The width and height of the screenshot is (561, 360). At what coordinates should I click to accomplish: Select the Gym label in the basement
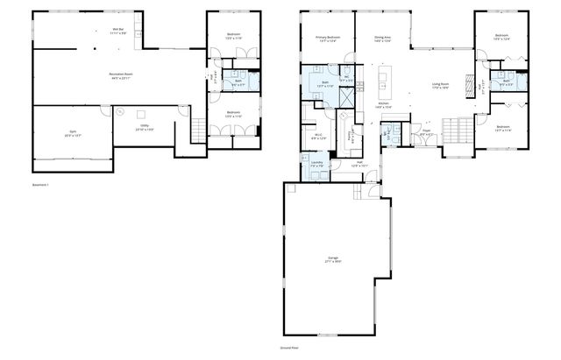click(71, 132)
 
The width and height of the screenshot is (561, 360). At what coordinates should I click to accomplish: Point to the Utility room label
click(144, 128)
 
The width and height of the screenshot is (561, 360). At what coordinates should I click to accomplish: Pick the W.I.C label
click(319, 136)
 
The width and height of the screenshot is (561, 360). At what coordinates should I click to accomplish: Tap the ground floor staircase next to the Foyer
click(457, 132)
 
